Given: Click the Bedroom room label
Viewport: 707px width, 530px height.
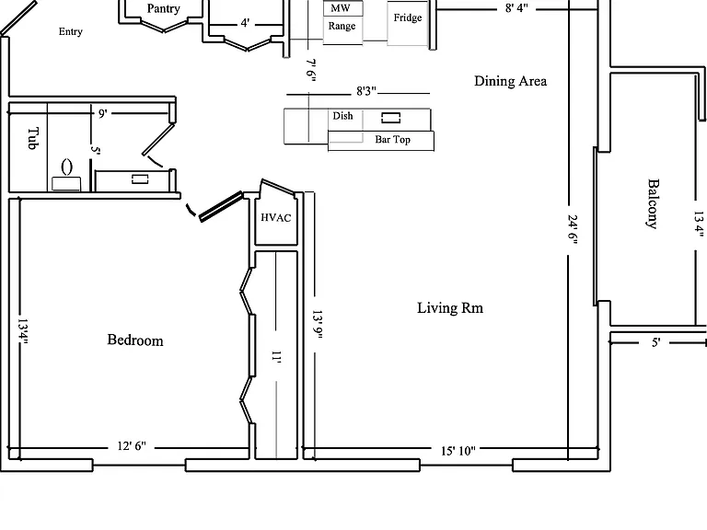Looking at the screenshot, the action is pyautogui.click(x=135, y=340).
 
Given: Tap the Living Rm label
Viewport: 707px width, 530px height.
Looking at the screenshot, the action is pyautogui.click(x=450, y=308).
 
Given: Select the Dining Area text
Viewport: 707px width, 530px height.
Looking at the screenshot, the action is pyautogui.click(x=510, y=81).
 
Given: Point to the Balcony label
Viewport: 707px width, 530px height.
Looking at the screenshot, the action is pyautogui.click(x=653, y=203).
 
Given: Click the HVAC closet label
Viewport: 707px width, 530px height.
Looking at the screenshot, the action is pyautogui.click(x=276, y=218).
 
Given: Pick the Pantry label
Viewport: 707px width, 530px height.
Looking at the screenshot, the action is pyautogui.click(x=163, y=8).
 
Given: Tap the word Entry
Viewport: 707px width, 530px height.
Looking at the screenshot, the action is pyautogui.click(x=71, y=31).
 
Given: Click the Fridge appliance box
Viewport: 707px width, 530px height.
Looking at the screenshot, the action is pyautogui.click(x=408, y=22).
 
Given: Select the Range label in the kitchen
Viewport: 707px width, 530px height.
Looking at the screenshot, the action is pyautogui.click(x=342, y=26).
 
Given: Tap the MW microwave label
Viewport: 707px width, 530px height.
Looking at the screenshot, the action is pyautogui.click(x=341, y=8).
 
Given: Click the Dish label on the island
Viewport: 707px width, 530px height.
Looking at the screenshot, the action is pyautogui.click(x=342, y=116).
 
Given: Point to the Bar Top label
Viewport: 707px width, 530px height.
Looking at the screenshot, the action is pyautogui.click(x=393, y=139).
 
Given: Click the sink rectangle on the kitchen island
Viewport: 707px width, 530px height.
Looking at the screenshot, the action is pyautogui.click(x=391, y=118).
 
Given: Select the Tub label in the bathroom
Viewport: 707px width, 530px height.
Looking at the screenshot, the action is pyautogui.click(x=33, y=138).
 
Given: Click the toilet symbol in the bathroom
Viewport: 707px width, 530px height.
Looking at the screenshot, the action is pyautogui.click(x=66, y=176).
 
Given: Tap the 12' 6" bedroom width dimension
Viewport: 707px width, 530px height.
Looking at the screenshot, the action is pyautogui.click(x=132, y=445).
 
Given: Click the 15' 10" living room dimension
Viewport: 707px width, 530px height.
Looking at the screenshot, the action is pyautogui.click(x=458, y=450).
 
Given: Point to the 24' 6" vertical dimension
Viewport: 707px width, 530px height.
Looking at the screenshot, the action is pyautogui.click(x=573, y=229).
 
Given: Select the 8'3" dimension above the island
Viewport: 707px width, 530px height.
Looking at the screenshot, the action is pyautogui.click(x=366, y=91).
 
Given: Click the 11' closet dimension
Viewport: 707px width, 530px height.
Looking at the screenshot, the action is pyautogui.click(x=276, y=357).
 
